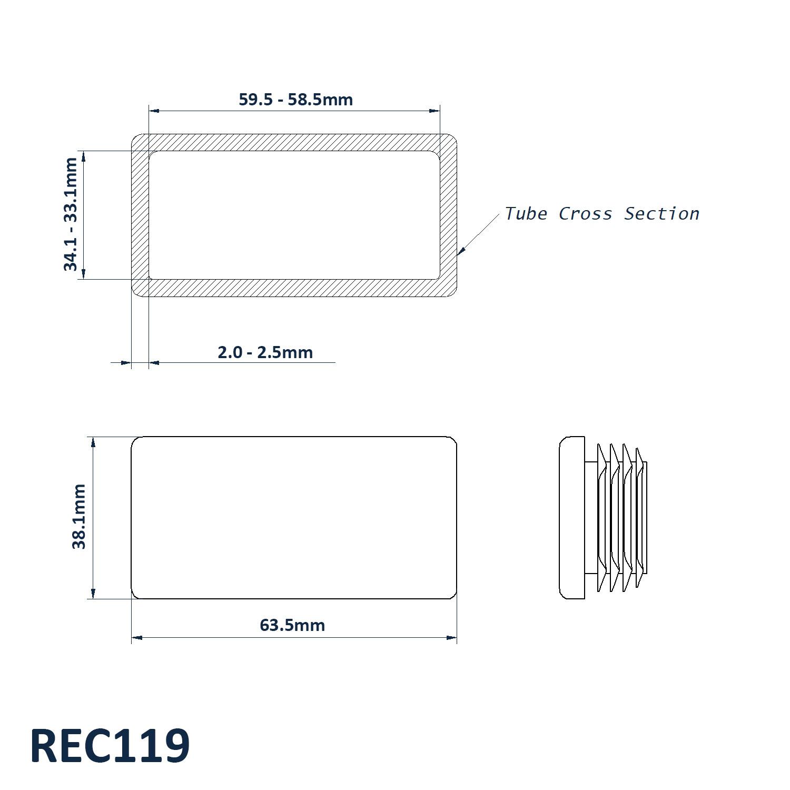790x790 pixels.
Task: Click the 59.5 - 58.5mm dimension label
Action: point(295,100)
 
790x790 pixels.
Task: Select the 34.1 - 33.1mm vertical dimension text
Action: point(71,214)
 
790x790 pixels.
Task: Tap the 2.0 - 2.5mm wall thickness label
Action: point(265,352)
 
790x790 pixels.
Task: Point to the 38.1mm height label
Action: point(79,517)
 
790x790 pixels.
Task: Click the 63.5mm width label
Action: point(292,625)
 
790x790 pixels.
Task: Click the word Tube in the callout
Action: point(526,214)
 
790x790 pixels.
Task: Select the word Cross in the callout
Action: point(585,214)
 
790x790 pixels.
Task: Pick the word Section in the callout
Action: point(661,214)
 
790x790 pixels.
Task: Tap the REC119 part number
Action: point(110,746)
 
